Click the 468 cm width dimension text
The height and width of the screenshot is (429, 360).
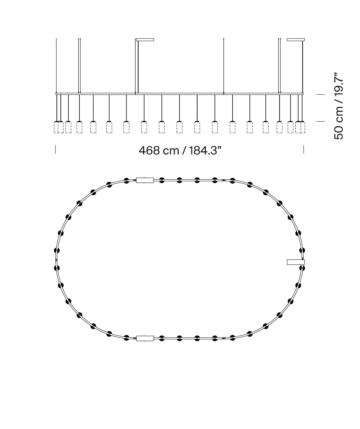pyautogui.click(x=180, y=150)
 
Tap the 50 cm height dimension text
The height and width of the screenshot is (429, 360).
pyautogui.click(x=339, y=106)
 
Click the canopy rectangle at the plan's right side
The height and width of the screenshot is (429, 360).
pyautogui.click(x=295, y=262)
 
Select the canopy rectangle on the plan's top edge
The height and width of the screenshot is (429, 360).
pyautogui.click(x=145, y=180)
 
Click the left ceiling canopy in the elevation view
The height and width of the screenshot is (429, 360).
pyautogui.click(x=145, y=40)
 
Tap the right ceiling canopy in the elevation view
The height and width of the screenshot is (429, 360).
pyautogui.click(x=295, y=40)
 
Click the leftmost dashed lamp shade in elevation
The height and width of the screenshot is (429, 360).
pyautogui.click(x=56, y=127)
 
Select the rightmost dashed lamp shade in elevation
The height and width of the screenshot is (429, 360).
pyautogui.click(x=303, y=127)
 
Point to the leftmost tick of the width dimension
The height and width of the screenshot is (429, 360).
pyautogui.click(x=55, y=149)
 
